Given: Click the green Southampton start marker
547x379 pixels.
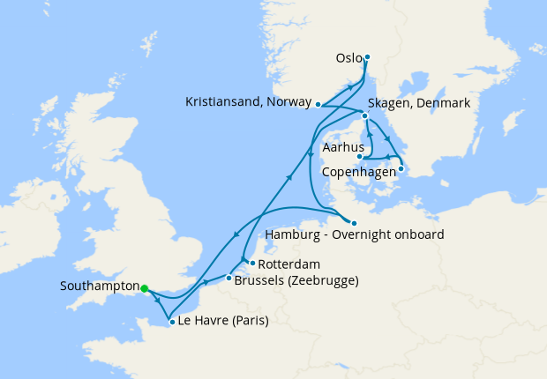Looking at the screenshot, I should point(144,287).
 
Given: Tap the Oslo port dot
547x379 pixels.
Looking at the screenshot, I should point(367,58).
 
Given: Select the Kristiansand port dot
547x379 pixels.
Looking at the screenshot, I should point(318,104).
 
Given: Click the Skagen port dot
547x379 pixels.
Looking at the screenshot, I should point(363,115).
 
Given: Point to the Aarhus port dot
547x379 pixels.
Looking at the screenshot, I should point(359,157).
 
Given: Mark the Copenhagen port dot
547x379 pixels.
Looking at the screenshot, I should point(401,169).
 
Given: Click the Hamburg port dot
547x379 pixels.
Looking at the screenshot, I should point(352,222).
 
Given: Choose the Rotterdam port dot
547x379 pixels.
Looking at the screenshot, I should point(251,263).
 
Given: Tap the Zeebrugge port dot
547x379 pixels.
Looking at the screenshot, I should point(229,279).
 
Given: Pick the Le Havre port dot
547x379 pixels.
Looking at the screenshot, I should point(171,322).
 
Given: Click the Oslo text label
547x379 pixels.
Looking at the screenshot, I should point(348,59).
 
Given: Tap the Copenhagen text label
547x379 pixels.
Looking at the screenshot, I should point(358,171).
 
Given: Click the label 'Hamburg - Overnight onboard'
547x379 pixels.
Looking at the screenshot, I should point(354,235).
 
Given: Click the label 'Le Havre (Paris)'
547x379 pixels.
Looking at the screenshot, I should point(223,322).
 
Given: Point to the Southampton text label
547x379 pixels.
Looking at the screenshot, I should point(99,287).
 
